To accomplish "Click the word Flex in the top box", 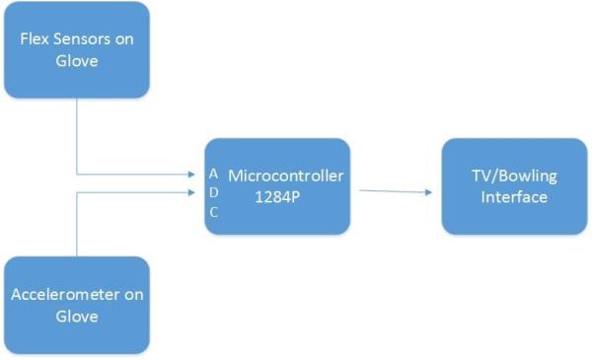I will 34,39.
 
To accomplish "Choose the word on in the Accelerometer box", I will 133,297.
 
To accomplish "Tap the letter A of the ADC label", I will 214,174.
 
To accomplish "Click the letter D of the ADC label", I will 214,192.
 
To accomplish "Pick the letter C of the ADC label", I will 214,211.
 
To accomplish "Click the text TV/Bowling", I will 514,177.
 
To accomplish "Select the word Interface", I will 514,196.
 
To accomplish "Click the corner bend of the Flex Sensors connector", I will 76,176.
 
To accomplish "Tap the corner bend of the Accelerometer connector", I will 76,192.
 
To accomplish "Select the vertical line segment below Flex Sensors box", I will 76,138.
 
